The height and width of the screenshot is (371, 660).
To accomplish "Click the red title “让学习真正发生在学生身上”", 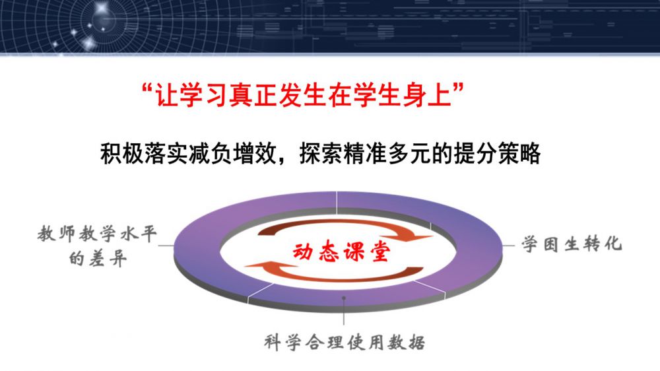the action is [303, 94].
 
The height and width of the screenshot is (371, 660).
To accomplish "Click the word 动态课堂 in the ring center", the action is [341, 252].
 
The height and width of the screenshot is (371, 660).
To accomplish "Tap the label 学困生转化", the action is [572, 244].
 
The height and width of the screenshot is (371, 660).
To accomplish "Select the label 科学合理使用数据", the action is [345, 343].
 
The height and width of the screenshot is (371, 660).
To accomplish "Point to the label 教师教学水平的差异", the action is [97, 246].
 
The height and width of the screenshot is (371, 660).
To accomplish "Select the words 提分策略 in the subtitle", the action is [497, 153].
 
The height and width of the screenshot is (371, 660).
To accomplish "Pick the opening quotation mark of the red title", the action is [148, 88].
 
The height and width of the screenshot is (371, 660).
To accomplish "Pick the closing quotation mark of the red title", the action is [459, 88].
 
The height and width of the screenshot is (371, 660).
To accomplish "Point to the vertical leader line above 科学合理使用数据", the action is [344, 311].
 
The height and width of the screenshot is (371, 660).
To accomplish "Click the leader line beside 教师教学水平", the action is [166, 245].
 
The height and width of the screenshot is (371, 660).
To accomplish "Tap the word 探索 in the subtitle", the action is [321, 153].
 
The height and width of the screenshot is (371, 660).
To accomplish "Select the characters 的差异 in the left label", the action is [97, 258].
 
